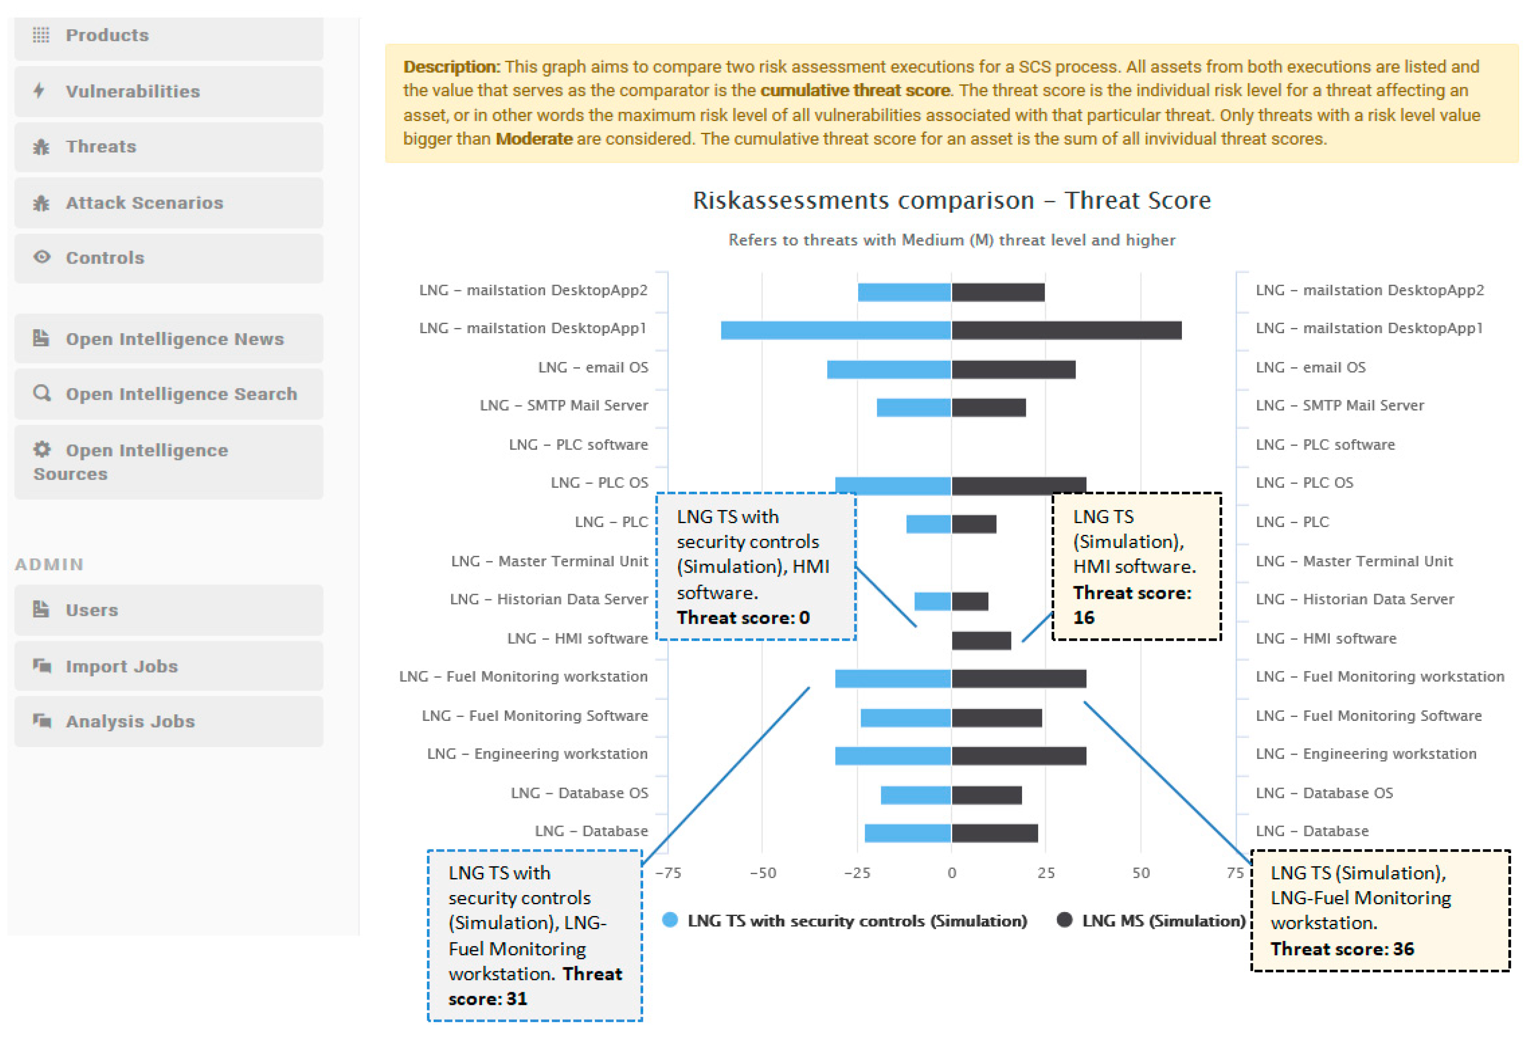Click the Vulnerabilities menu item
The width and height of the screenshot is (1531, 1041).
point(132,91)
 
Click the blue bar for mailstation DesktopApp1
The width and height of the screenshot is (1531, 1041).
point(835,330)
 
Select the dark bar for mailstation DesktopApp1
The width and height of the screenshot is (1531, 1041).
point(1066,330)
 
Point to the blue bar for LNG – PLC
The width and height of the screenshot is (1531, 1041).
point(928,524)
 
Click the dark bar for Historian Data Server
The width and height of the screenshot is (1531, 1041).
point(970,601)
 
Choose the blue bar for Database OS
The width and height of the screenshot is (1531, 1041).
point(916,795)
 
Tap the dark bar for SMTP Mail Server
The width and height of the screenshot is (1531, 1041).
point(988,408)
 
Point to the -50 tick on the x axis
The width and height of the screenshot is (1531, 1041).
point(763,873)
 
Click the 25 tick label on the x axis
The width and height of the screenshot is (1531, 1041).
point(1046,873)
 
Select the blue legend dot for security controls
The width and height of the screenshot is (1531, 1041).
point(670,920)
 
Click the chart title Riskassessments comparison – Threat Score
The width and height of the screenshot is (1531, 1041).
point(951,200)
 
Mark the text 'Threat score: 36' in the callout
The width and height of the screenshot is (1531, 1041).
point(1342,949)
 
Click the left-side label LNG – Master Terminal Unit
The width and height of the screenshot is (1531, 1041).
point(550,561)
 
